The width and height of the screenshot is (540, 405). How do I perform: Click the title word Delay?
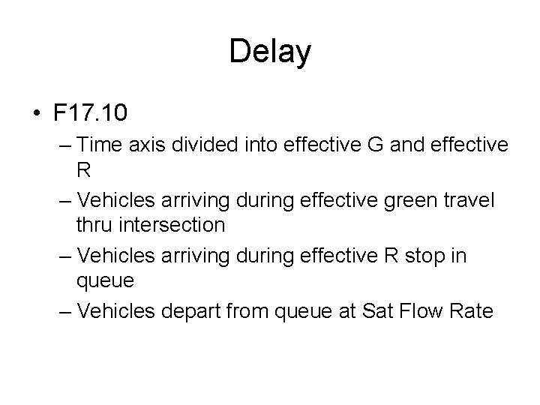tap(270, 52)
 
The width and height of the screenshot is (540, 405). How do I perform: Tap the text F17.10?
tap(90, 113)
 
